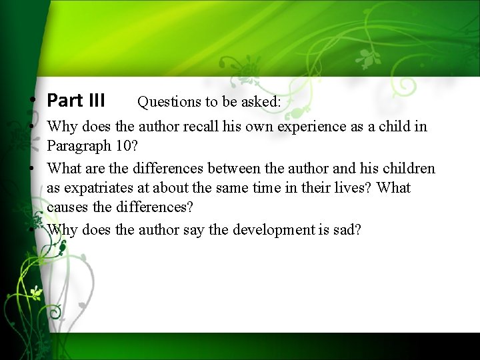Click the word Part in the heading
click(x=65, y=101)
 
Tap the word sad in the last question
click(x=349, y=230)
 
